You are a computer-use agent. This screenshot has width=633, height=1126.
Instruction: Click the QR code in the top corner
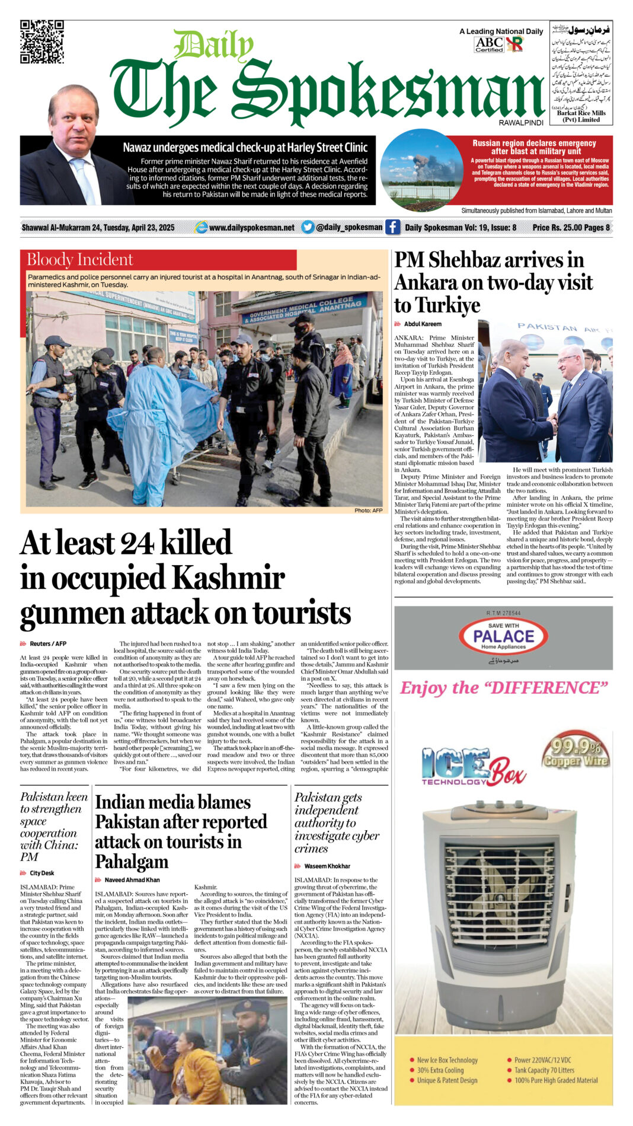[41, 42]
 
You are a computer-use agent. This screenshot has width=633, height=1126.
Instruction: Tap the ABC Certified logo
[489, 44]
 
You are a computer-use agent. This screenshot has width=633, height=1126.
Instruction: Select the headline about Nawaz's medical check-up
[245, 148]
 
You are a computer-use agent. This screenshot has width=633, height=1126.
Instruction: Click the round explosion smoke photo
[421, 170]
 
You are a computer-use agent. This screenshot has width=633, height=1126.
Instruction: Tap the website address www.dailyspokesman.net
[251, 228]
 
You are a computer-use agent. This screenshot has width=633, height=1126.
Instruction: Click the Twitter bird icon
[308, 227]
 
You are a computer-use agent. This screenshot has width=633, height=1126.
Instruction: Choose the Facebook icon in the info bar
[392, 227]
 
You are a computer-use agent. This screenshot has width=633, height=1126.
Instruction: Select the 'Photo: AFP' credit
[368, 511]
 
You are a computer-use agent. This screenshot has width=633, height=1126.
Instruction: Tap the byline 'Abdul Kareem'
[423, 324]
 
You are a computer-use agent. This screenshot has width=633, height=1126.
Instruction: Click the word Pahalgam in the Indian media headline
[132, 862]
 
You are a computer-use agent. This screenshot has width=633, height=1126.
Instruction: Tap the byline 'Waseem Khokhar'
[327, 866]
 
